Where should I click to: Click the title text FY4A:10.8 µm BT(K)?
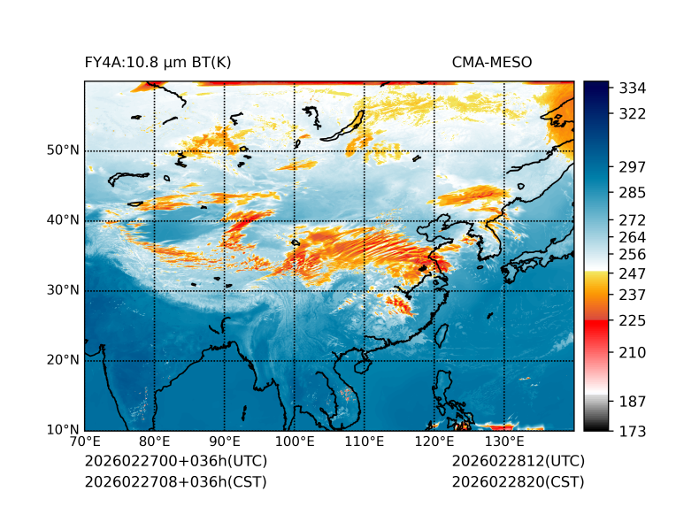(x=157, y=62)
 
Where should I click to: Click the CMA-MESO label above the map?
(x=492, y=62)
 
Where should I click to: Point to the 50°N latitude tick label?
(x=63, y=150)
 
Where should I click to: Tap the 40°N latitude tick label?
(x=63, y=220)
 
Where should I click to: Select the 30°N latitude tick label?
(x=63, y=290)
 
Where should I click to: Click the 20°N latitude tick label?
(x=63, y=360)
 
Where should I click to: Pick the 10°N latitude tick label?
(x=63, y=430)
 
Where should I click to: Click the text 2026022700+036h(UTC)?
(x=175, y=462)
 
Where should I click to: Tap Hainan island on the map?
(x=361, y=365)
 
